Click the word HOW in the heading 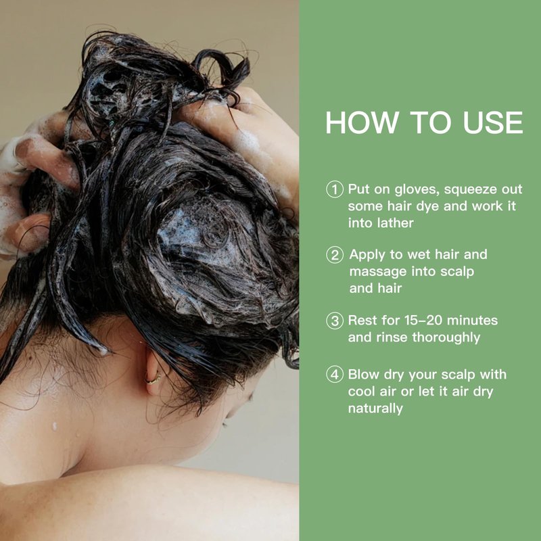point(362,122)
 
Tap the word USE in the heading point(493,122)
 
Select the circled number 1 point(335,189)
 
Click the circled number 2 point(335,255)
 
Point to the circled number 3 point(335,321)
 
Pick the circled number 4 point(335,375)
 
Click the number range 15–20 point(423,321)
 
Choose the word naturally point(375,409)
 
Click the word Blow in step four point(363,375)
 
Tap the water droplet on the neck point(55,427)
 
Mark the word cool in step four point(361,392)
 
